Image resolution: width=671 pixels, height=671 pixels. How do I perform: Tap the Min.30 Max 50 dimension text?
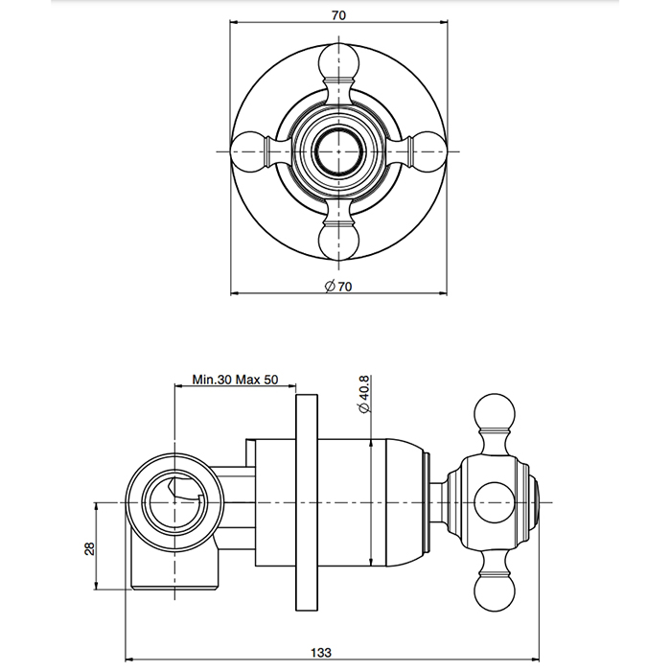pyautogui.click(x=235, y=379)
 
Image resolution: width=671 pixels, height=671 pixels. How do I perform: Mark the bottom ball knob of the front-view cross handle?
pyautogui.click(x=341, y=240)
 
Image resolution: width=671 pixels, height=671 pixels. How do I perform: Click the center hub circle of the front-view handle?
pyautogui.click(x=341, y=150)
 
